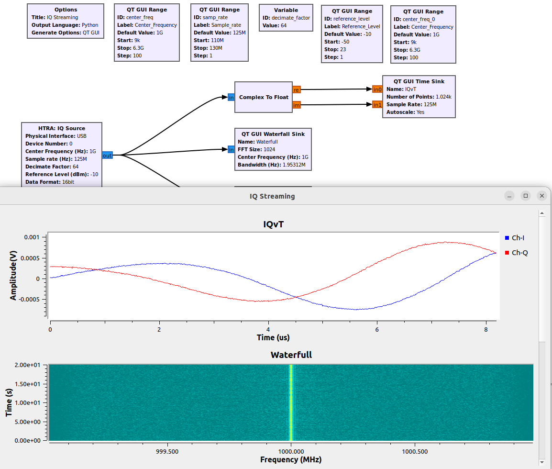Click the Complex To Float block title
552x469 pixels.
[x=264, y=97]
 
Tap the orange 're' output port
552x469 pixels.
[x=297, y=89]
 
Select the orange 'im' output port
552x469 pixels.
[x=297, y=105]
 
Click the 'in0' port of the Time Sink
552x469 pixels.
[x=377, y=89]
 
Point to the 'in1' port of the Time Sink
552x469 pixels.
[x=377, y=104]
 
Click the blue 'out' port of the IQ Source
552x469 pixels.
[x=107, y=155]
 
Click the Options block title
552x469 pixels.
[x=66, y=10]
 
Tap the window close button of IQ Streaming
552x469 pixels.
[x=541, y=196]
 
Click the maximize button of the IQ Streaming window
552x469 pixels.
[x=526, y=196]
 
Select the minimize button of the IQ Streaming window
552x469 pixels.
[x=510, y=196]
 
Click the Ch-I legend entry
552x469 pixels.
[x=519, y=238]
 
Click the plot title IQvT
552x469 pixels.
[x=273, y=224]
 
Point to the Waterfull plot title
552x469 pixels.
[x=291, y=355]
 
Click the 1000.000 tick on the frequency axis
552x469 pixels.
[x=291, y=451]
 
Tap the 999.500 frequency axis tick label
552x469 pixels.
[x=167, y=451]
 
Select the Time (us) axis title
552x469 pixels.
[x=273, y=337]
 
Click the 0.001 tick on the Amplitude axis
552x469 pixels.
[x=33, y=237]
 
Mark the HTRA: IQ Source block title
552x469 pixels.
[x=62, y=128]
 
